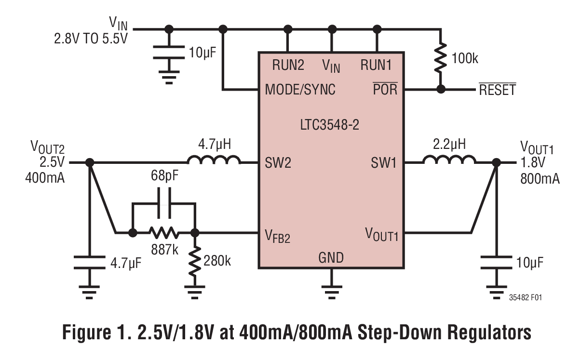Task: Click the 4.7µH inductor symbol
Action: pyautogui.click(x=214, y=160)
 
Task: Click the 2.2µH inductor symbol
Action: pyautogui.click(x=449, y=160)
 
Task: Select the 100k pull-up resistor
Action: pyautogui.click(x=439, y=59)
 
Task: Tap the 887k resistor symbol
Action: pyautogui.click(x=164, y=233)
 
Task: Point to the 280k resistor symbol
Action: pyautogui.click(x=195, y=261)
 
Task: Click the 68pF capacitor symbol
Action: pyautogui.click(x=164, y=204)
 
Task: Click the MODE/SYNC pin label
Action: pyautogui.click(x=300, y=90)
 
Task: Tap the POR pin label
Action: pyautogui.click(x=385, y=89)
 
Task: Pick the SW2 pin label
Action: pyautogui.click(x=278, y=163)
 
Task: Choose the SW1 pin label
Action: pyautogui.click(x=384, y=163)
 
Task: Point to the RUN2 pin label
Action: pyautogui.click(x=288, y=65)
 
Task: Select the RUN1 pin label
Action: pyautogui.click(x=377, y=65)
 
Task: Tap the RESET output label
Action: pyautogui.click(x=497, y=90)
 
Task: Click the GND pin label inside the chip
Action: pyautogui.click(x=331, y=258)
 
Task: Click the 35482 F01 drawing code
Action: pyautogui.click(x=525, y=298)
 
